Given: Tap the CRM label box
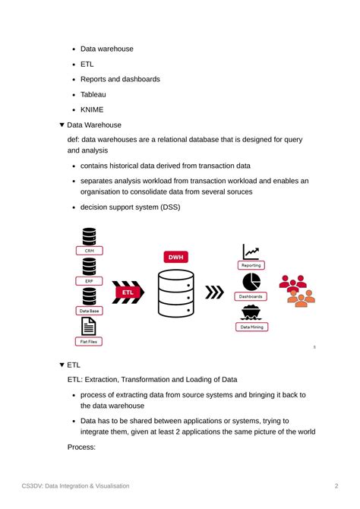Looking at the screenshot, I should click(90, 250).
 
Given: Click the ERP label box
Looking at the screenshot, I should click(90, 280).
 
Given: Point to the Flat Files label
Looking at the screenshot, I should click(89, 342).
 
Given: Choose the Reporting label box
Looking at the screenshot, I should click(251, 265).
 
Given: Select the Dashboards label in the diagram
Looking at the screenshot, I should click(251, 296).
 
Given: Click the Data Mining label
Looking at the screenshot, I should click(251, 327).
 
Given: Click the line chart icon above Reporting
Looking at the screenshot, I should click(251, 251).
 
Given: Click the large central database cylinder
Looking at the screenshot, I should click(175, 292).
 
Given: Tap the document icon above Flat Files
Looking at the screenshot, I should click(89, 327).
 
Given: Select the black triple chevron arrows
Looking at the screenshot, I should click(216, 292).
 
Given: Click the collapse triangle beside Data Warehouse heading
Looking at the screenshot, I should click(62, 125).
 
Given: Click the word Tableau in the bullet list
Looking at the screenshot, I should click(93, 94).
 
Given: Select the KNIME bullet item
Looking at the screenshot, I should click(92, 109).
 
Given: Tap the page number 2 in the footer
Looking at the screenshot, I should click(336, 485).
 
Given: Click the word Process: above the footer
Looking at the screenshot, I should click(81, 447).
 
